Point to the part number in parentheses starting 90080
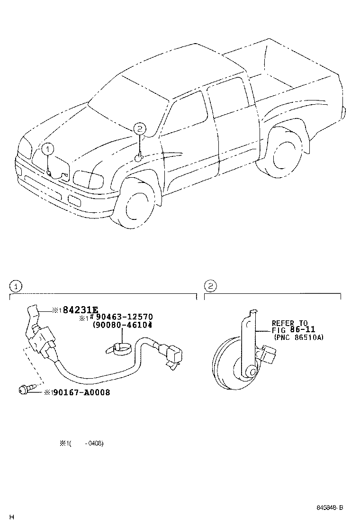(x=122, y=325)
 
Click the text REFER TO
(x=289, y=323)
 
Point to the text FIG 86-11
(x=293, y=330)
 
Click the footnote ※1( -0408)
(x=81, y=444)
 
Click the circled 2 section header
(x=210, y=286)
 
